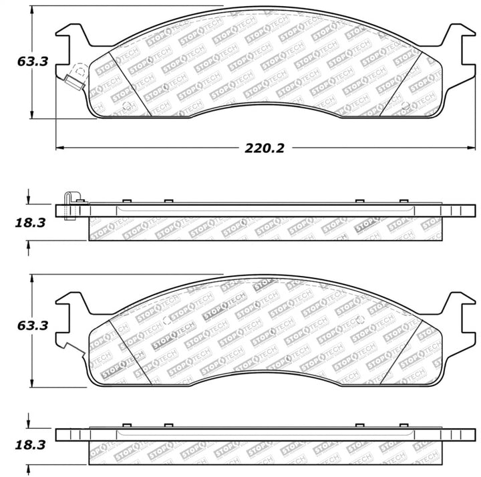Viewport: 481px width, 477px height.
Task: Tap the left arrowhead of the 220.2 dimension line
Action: coord(59,147)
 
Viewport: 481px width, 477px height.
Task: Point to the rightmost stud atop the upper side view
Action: coord(403,201)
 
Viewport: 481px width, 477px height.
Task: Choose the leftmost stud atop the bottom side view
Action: coord(125,426)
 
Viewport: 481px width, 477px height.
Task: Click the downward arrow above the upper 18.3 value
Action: coord(29,198)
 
